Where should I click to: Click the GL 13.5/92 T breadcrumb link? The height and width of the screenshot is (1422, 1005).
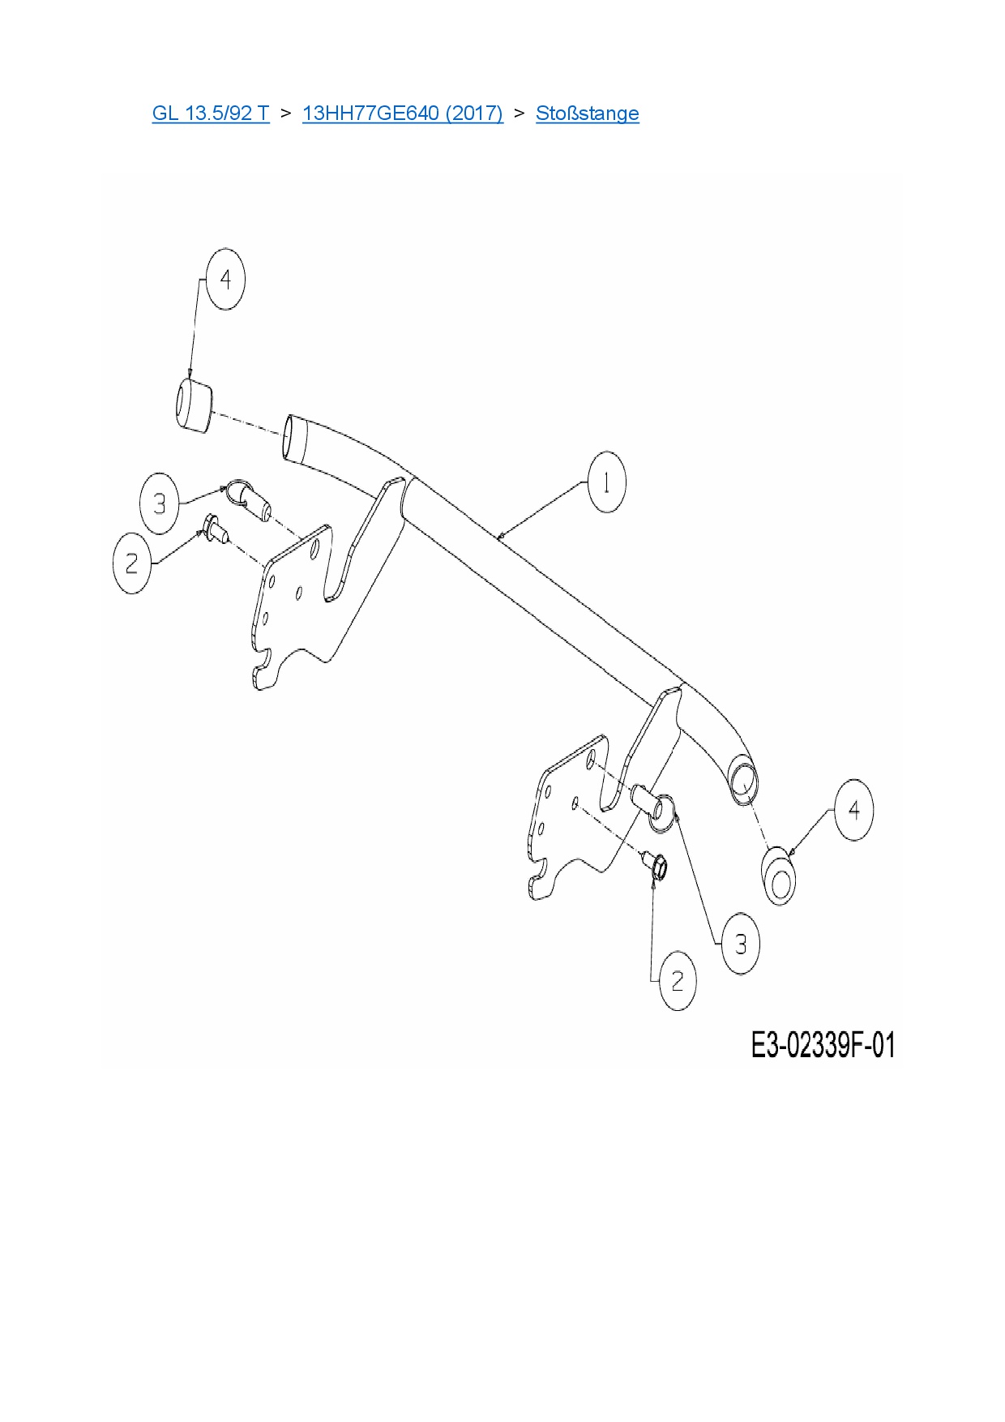211,114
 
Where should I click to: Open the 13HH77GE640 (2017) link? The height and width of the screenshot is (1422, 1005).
402,114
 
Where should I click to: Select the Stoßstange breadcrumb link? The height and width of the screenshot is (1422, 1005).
587,114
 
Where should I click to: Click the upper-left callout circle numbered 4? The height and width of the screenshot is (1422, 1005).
225,280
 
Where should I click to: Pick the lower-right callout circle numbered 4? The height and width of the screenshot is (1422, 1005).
853,810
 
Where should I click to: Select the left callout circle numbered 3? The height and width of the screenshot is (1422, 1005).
160,504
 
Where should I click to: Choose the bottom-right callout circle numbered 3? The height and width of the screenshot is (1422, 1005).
741,944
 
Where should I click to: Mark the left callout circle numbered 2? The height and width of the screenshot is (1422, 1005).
132,563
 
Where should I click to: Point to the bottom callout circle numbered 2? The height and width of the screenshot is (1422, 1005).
678,981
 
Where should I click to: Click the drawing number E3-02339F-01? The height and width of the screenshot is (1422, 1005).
823,1045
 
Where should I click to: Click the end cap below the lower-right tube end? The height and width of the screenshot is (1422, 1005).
779,876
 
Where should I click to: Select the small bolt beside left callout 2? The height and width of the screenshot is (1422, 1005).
216,529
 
